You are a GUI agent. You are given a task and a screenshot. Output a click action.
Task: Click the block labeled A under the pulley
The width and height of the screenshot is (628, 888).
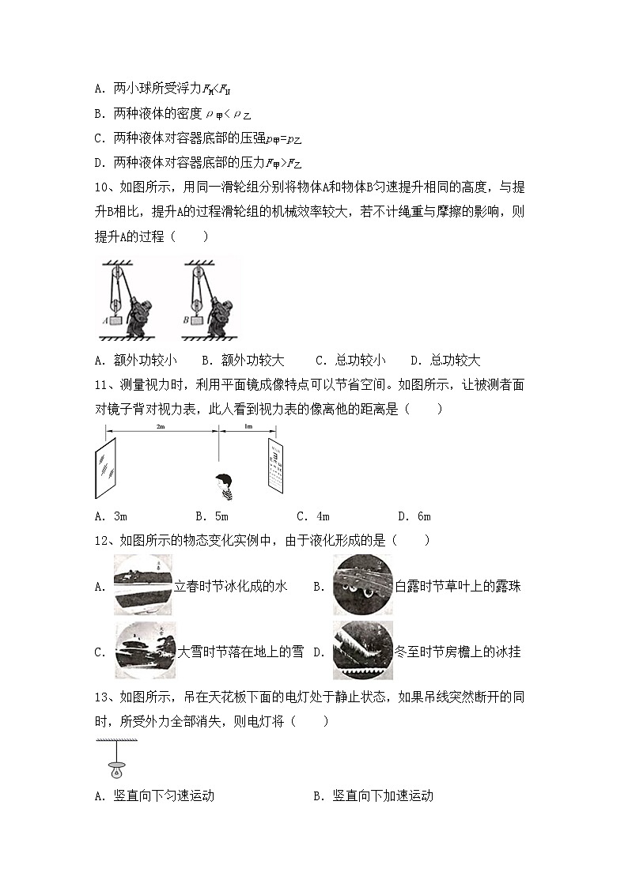point(117,322)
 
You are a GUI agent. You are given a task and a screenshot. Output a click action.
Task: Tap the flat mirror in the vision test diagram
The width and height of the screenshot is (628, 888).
point(105,469)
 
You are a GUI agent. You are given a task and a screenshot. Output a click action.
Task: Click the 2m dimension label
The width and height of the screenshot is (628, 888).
point(161,426)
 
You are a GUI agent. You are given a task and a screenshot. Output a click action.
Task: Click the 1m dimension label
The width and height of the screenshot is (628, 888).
point(248,426)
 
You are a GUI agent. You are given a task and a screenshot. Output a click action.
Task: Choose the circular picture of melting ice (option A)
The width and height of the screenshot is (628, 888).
point(143,586)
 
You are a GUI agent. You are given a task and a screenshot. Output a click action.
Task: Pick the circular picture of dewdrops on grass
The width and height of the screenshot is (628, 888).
point(362,586)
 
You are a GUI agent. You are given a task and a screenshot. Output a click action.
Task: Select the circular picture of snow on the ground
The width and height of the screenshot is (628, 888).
point(146,651)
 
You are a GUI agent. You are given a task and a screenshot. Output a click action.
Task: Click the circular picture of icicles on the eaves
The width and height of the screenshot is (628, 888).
point(362,651)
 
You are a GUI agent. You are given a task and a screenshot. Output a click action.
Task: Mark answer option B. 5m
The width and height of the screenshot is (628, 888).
point(211,516)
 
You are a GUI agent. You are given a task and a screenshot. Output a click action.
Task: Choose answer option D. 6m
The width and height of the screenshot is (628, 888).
point(414,516)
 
